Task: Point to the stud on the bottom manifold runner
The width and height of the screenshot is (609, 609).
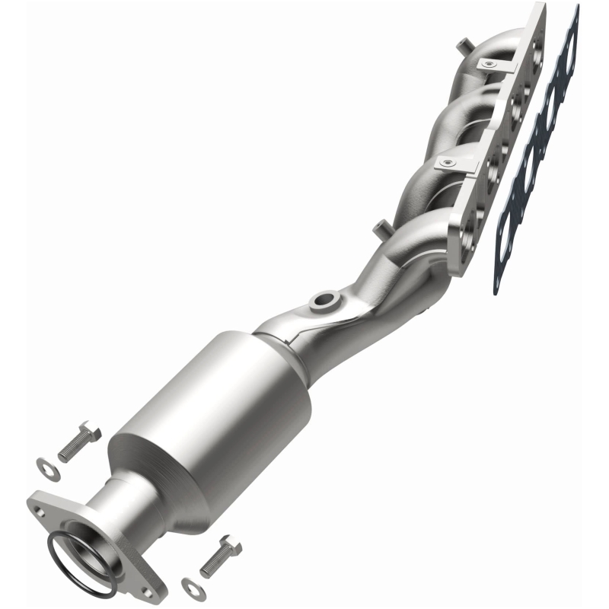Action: click(x=378, y=226)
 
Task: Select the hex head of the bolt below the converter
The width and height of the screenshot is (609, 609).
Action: click(x=232, y=547)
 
